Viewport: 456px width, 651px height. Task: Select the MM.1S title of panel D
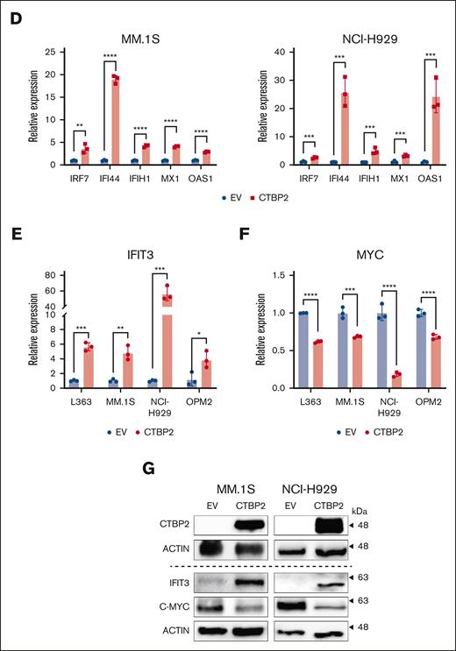129,39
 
